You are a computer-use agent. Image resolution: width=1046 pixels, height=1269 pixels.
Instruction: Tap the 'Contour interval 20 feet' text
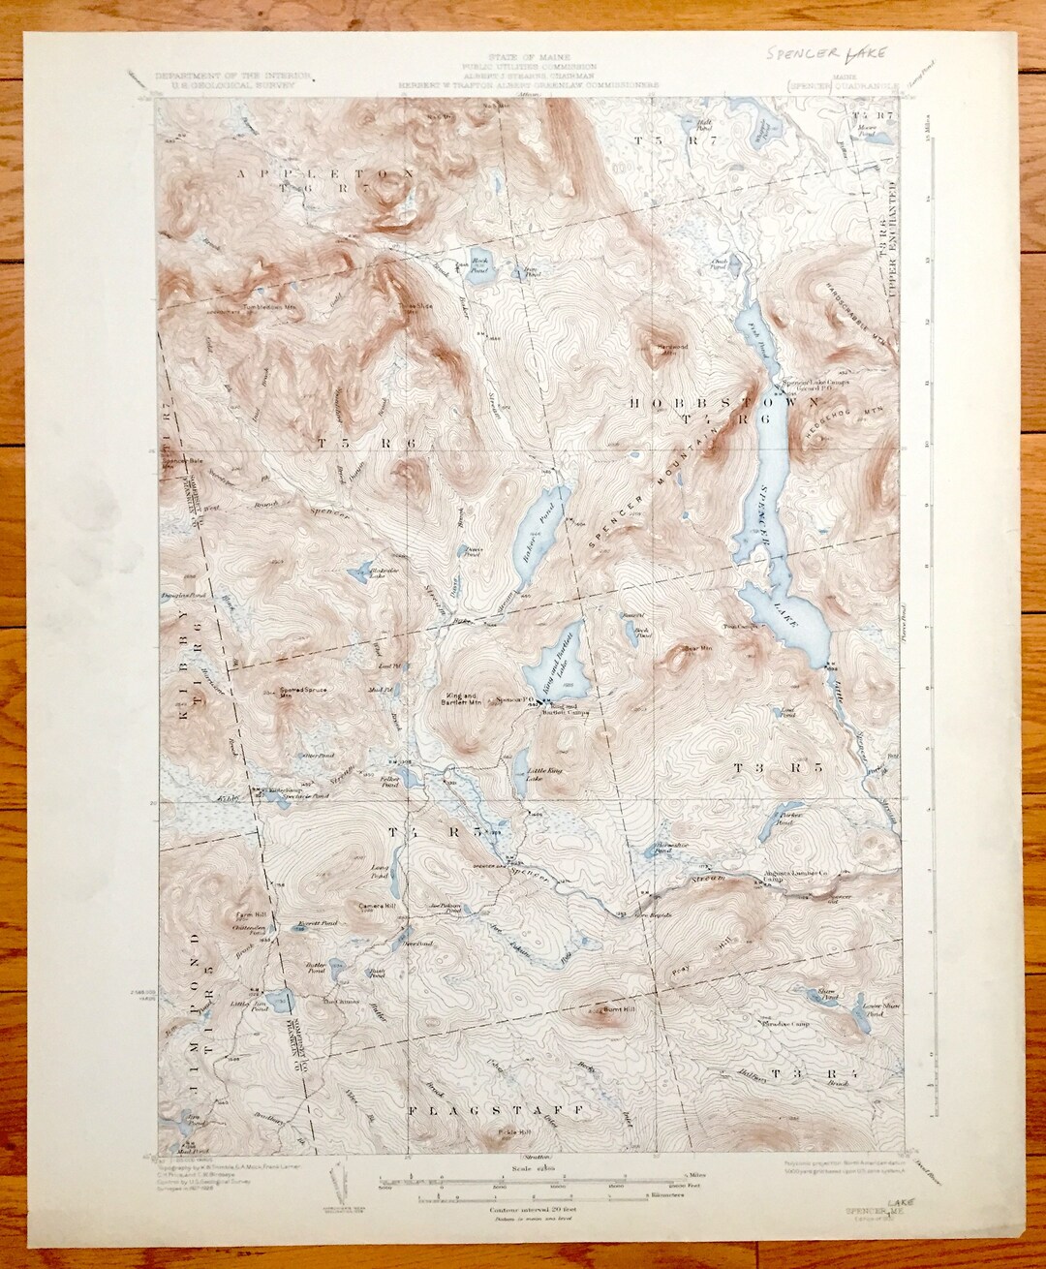pyautogui.click(x=526, y=1209)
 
